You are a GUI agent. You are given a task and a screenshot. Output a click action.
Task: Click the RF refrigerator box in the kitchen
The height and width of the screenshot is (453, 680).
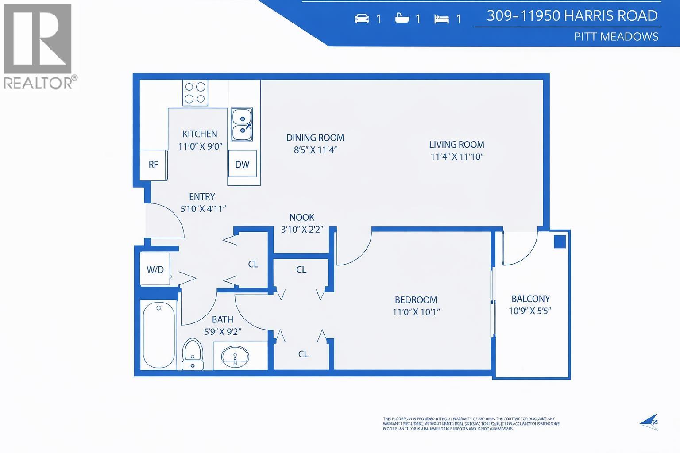coord(153,165)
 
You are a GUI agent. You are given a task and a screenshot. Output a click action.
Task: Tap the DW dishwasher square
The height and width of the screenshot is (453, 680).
coord(242,165)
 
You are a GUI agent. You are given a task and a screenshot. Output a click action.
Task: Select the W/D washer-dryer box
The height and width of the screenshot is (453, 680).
coord(155,269)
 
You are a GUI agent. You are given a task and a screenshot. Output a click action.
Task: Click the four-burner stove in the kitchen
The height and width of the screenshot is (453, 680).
coord(195,93)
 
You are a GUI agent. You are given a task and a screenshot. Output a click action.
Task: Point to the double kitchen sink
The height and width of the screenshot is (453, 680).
coord(242,125)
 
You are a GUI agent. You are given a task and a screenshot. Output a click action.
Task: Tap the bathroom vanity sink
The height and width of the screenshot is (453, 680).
coord(235,357)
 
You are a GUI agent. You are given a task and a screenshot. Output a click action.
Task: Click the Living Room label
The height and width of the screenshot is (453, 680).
coord(456,145)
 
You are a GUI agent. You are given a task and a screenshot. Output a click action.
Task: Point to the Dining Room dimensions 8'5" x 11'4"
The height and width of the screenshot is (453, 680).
coord(315,150)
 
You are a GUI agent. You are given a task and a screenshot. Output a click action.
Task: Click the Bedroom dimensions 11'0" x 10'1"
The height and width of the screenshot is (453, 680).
coord(416,312)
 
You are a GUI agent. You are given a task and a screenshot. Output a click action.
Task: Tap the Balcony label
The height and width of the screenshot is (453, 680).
coord(530,299)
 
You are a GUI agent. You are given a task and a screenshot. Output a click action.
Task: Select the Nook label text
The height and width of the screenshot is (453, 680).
coord(301,218)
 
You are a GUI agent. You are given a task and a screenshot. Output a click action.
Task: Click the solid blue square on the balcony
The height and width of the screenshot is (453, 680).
coord(560,242)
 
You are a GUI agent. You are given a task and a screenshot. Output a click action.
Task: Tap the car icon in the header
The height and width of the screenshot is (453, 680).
coord(362,19)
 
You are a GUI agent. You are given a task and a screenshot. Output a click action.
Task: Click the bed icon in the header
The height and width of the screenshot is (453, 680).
coord(441,19)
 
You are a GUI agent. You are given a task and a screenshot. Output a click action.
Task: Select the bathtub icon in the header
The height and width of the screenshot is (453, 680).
coord(402,19)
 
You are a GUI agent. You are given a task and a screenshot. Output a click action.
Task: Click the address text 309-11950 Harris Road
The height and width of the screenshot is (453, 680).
coord(572,16)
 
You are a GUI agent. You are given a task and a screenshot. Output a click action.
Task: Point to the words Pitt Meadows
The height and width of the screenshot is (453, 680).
coord(616,37)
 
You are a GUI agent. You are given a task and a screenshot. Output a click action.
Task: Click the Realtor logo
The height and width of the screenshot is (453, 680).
coord(38,46)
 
